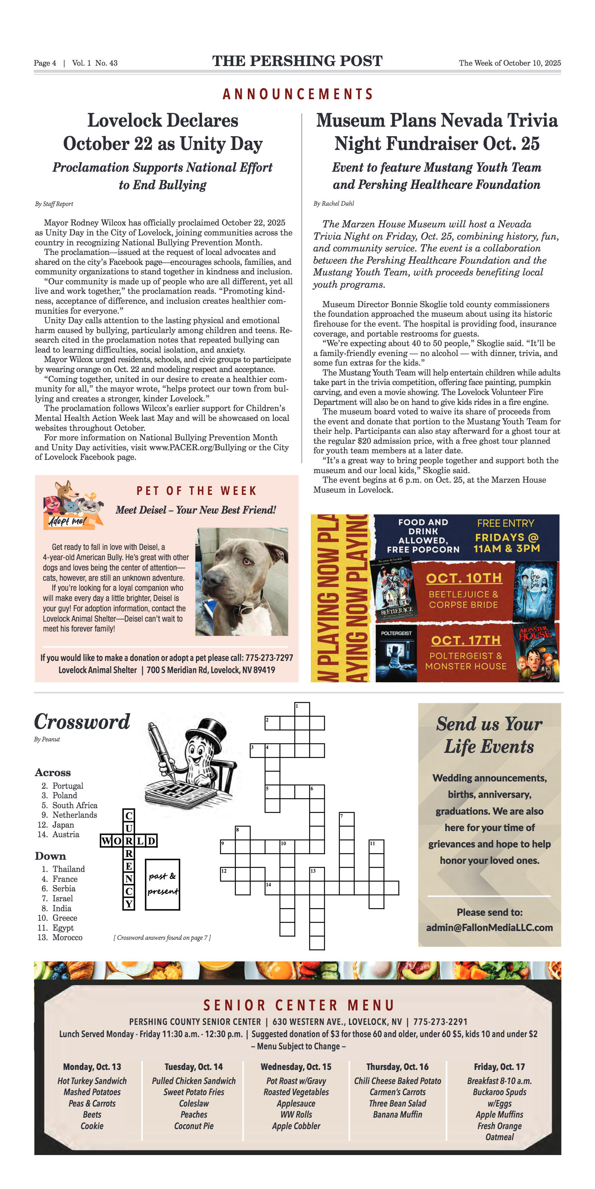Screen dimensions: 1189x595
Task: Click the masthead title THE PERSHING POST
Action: (297, 61)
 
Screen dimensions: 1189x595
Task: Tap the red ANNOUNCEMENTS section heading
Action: (297, 94)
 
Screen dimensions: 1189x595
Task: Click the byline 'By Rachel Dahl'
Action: (333, 203)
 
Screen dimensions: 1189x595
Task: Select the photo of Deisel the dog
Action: (242, 582)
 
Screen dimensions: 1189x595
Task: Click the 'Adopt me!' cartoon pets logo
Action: (73, 504)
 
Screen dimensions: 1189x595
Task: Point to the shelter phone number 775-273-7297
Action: (269, 658)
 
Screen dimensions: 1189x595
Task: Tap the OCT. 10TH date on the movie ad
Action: (463, 578)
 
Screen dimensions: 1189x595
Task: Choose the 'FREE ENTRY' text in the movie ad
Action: (505, 523)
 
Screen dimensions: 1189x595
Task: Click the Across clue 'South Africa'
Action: (74, 805)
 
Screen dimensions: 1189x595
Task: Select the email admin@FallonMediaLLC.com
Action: (489, 927)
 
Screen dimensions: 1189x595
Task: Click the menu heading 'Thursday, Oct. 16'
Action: (397, 1067)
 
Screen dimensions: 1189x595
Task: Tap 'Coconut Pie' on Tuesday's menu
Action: (194, 1126)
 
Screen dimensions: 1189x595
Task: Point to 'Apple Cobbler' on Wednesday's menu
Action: (296, 1126)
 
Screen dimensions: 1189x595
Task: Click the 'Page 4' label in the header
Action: (45, 63)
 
